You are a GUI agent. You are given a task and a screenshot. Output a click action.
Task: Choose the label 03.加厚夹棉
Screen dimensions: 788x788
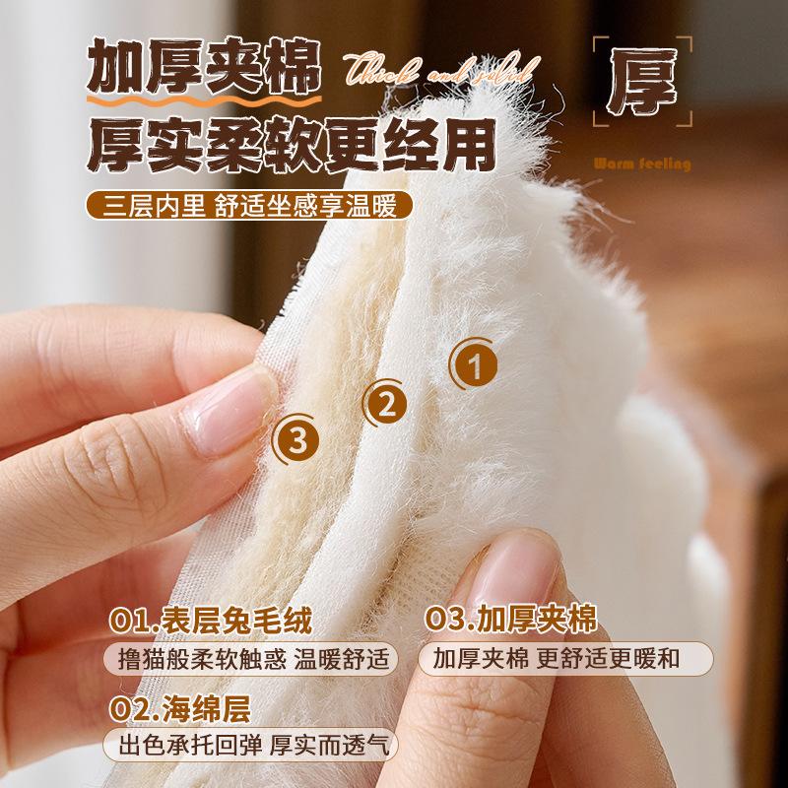(x=512, y=621)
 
